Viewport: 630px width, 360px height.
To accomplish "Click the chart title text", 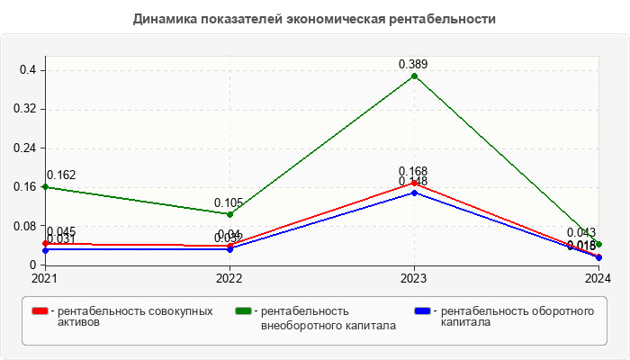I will pyautogui.click(x=314, y=18).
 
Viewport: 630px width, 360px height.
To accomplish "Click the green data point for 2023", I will pyautogui.click(x=414, y=76).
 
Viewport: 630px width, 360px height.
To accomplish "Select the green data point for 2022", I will pyautogui.click(x=229, y=214).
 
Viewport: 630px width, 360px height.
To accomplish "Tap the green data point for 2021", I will pyautogui.click(x=45, y=186).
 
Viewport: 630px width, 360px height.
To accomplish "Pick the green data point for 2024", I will pyautogui.click(x=598, y=244).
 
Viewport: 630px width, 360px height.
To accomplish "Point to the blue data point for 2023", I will pyautogui.click(x=414, y=193).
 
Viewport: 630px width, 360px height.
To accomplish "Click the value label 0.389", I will pyautogui.click(x=414, y=64).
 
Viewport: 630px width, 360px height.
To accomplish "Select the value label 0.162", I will pyautogui.click(x=61, y=175).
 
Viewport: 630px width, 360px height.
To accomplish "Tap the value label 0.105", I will pyautogui.click(x=229, y=202).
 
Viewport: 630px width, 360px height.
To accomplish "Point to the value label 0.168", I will pyautogui.click(x=414, y=171).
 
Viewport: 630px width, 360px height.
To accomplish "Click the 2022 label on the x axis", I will pyautogui.click(x=229, y=278).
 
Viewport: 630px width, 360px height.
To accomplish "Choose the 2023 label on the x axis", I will pyautogui.click(x=414, y=278).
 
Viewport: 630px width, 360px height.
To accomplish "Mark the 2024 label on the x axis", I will pyautogui.click(x=598, y=278).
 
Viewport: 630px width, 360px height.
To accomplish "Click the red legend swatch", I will pyautogui.click(x=40, y=311).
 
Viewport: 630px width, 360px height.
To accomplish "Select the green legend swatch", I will pyautogui.click(x=242, y=311).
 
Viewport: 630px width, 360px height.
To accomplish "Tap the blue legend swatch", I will pyautogui.click(x=422, y=311).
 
